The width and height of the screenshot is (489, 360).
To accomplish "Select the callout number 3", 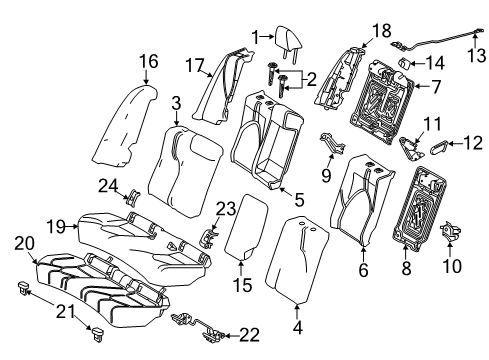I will pyautogui.click(x=176, y=103).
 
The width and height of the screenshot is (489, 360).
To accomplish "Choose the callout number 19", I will pyautogui.click(x=58, y=227).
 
